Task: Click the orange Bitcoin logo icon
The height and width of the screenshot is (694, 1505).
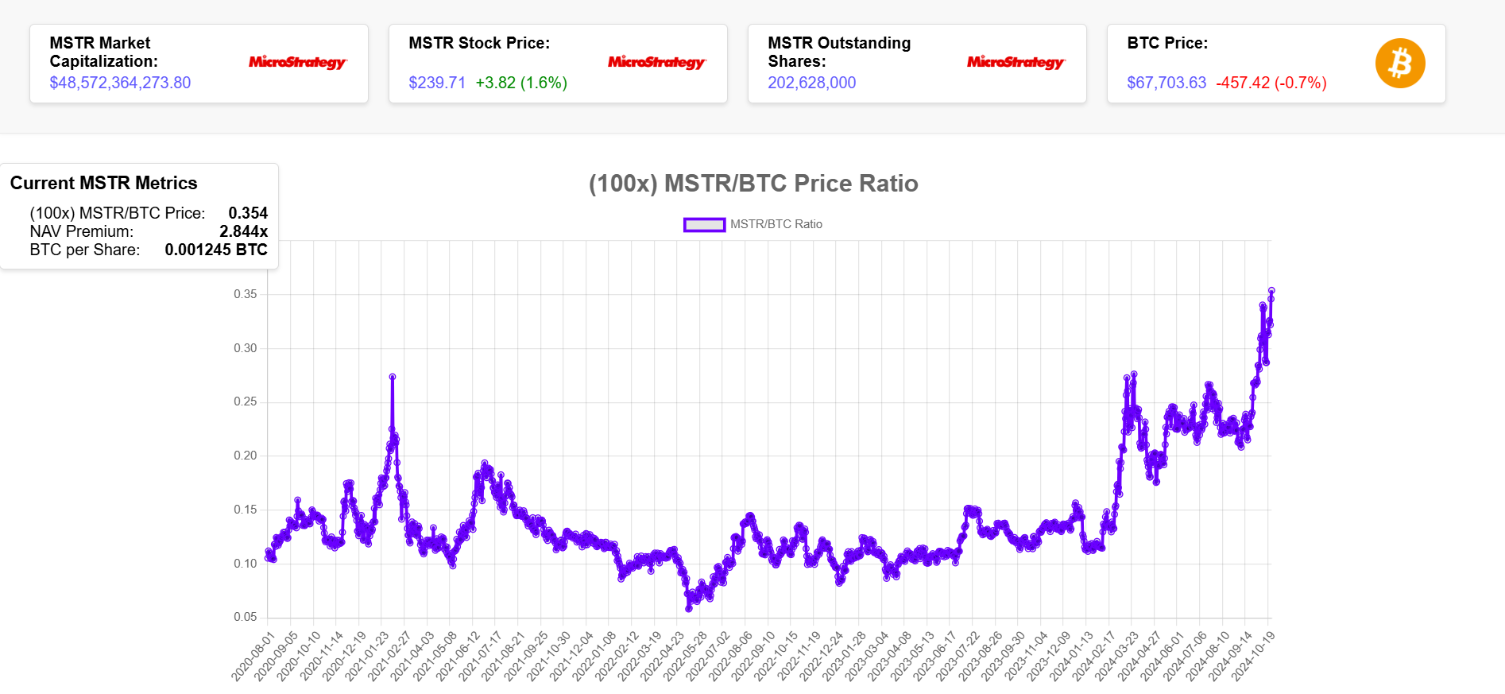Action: click(1400, 64)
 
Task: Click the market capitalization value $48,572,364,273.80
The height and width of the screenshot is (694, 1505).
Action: click(120, 83)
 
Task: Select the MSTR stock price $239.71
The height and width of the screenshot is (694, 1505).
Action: click(437, 83)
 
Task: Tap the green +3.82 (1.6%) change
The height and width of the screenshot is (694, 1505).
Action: click(521, 83)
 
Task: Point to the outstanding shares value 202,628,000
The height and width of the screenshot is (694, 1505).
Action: click(811, 83)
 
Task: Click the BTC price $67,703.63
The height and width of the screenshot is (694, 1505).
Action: click(1166, 83)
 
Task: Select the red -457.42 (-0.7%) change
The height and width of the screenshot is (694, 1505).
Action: click(1271, 83)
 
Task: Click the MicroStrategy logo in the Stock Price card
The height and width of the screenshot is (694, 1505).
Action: click(656, 62)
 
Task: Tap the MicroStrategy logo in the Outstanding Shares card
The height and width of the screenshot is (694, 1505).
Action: click(1016, 62)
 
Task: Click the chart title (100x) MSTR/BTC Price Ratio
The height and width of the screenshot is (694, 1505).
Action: click(753, 184)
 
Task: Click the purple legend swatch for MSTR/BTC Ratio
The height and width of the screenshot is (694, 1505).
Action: click(704, 225)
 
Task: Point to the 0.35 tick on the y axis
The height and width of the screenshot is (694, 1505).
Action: click(246, 294)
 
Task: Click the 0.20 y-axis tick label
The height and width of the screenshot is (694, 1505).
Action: click(246, 456)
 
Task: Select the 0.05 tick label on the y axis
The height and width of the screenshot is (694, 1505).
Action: click(246, 617)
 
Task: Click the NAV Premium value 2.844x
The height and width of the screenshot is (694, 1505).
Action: click(243, 231)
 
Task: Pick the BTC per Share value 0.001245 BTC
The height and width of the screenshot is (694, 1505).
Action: click(216, 250)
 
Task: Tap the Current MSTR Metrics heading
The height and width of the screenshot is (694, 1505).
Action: click(104, 183)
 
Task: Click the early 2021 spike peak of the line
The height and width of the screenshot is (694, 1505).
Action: click(393, 377)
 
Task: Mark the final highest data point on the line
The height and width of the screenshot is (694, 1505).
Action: click(1271, 291)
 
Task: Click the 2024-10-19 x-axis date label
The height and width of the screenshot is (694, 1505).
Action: click(1254, 657)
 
